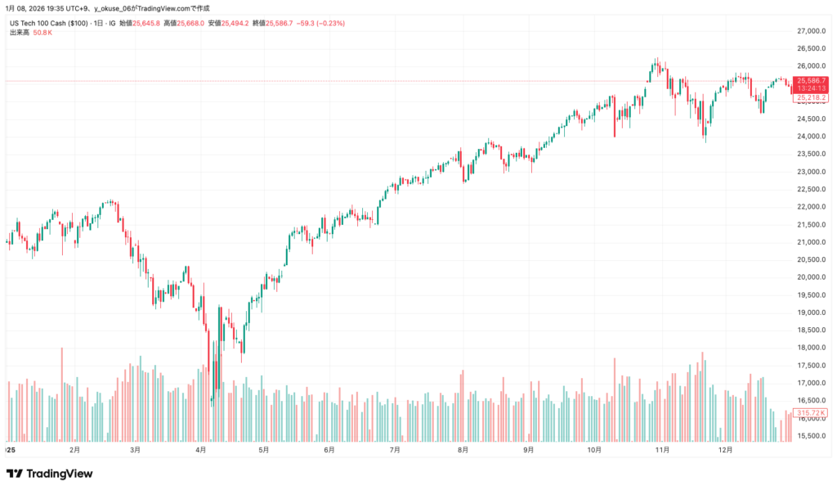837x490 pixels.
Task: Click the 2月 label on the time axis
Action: pos(74,450)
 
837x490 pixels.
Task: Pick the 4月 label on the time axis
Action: pos(201,450)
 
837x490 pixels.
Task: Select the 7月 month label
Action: pos(395,450)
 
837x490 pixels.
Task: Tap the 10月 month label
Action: pos(594,450)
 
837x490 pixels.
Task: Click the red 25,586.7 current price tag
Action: pos(811,80)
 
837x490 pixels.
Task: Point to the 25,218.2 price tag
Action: pos(811,97)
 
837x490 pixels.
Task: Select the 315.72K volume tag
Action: pos(811,412)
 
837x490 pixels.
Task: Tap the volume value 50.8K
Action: pos(43,32)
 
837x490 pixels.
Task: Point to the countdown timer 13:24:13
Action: pos(811,88)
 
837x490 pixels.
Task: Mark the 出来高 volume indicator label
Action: pos(19,32)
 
